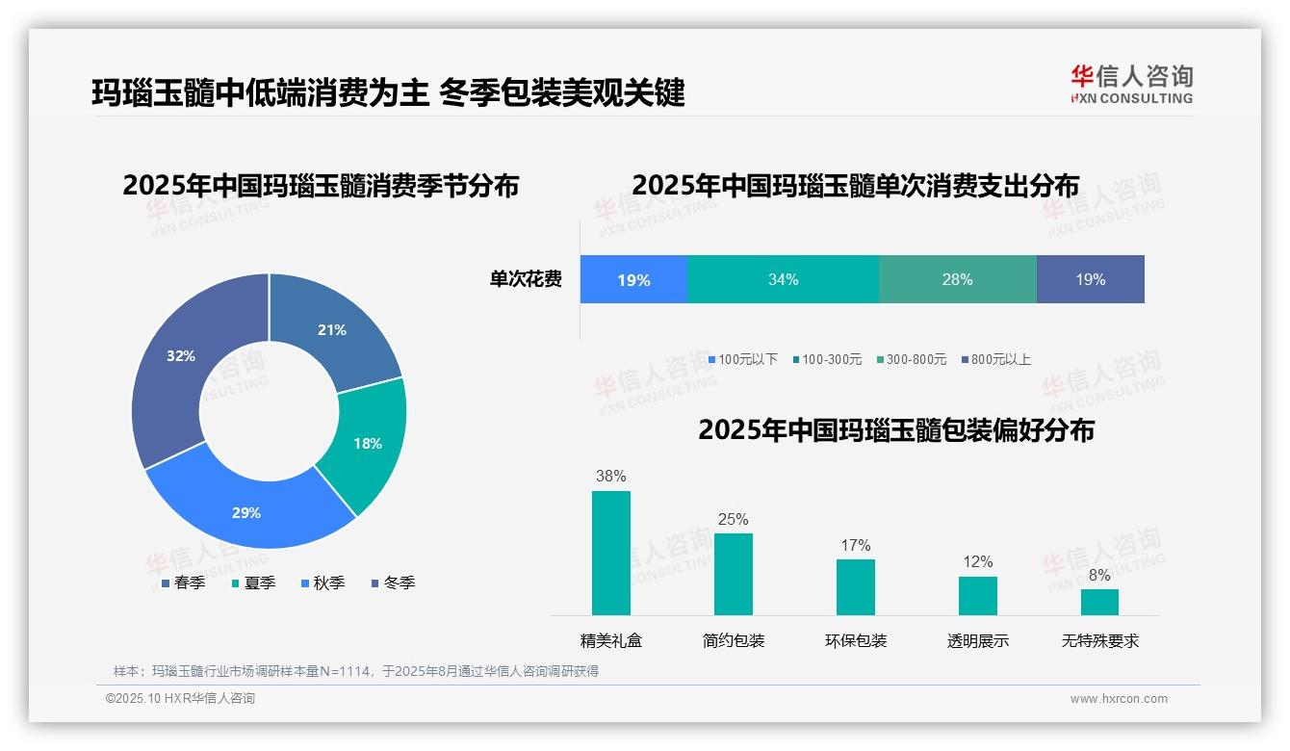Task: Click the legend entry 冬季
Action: click(394, 583)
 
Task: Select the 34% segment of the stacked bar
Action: click(783, 279)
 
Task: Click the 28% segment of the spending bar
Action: click(957, 279)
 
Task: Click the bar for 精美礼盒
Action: click(610, 553)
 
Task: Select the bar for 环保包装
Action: click(855, 586)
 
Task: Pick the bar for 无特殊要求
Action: click(1099, 602)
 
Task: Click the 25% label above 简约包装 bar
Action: click(733, 519)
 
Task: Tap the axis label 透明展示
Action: click(977, 640)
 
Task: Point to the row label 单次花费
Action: click(526, 279)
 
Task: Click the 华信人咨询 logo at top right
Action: click(1131, 84)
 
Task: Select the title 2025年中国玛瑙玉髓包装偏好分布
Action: click(896, 430)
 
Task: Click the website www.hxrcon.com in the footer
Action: click(1119, 699)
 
